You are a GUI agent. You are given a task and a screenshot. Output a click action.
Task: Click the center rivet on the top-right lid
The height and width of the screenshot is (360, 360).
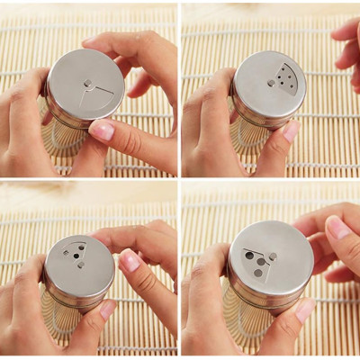tap(271, 83)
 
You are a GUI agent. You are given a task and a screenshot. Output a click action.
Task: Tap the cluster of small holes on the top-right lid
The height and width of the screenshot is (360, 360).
tap(286, 76)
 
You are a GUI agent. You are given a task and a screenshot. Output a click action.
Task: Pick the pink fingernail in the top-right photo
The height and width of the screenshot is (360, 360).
tap(291, 131)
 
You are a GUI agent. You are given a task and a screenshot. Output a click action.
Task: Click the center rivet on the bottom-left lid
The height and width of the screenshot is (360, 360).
tap(80, 264)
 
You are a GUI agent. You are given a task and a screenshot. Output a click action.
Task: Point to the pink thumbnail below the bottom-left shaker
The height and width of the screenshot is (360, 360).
tap(107, 309)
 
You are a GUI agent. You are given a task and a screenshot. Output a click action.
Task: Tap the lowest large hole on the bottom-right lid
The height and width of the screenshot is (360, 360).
tap(258, 272)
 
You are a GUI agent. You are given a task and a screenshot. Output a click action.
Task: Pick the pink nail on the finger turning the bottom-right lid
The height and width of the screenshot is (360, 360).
tap(337, 229)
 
